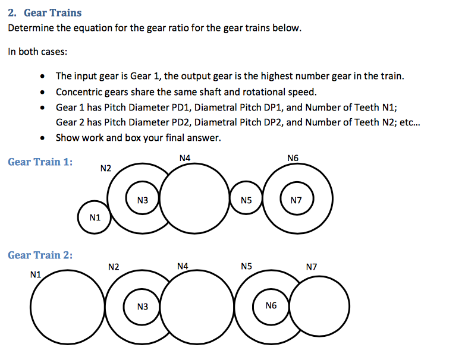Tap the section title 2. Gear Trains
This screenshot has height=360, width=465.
tap(45, 12)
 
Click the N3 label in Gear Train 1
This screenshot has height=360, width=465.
tap(142, 201)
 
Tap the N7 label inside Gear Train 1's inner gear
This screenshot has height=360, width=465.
tap(297, 201)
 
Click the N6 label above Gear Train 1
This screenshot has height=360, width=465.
tap(293, 158)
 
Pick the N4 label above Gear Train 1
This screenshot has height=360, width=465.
tap(184, 158)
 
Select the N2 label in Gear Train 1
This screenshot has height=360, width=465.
tap(106, 168)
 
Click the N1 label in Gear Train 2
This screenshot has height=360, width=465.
tap(35, 274)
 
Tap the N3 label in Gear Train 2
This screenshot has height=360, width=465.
tap(142, 307)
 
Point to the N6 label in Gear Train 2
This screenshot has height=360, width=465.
tap(271, 305)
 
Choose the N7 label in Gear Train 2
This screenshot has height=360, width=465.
tap(311, 267)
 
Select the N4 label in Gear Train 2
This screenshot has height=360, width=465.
tap(183, 267)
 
